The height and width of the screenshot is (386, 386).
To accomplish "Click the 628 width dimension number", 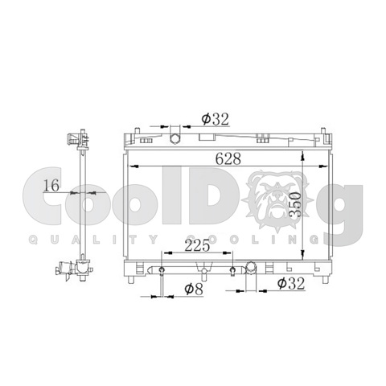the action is [x=228, y=158].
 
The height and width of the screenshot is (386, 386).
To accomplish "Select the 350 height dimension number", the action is [x=296, y=204].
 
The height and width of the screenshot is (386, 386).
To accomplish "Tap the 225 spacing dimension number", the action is [x=197, y=245].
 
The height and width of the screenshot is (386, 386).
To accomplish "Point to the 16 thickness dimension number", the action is [x=51, y=185].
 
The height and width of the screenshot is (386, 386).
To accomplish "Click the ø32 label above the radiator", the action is [x=216, y=119].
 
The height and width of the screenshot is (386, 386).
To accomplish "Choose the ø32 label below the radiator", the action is [x=291, y=283].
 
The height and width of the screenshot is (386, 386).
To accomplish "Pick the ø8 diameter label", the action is [x=194, y=289].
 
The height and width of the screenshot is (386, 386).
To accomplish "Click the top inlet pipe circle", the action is [x=175, y=138].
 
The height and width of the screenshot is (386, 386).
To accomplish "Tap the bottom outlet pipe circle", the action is [x=251, y=267].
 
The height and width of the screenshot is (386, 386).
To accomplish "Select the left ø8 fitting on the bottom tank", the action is [x=162, y=270].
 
